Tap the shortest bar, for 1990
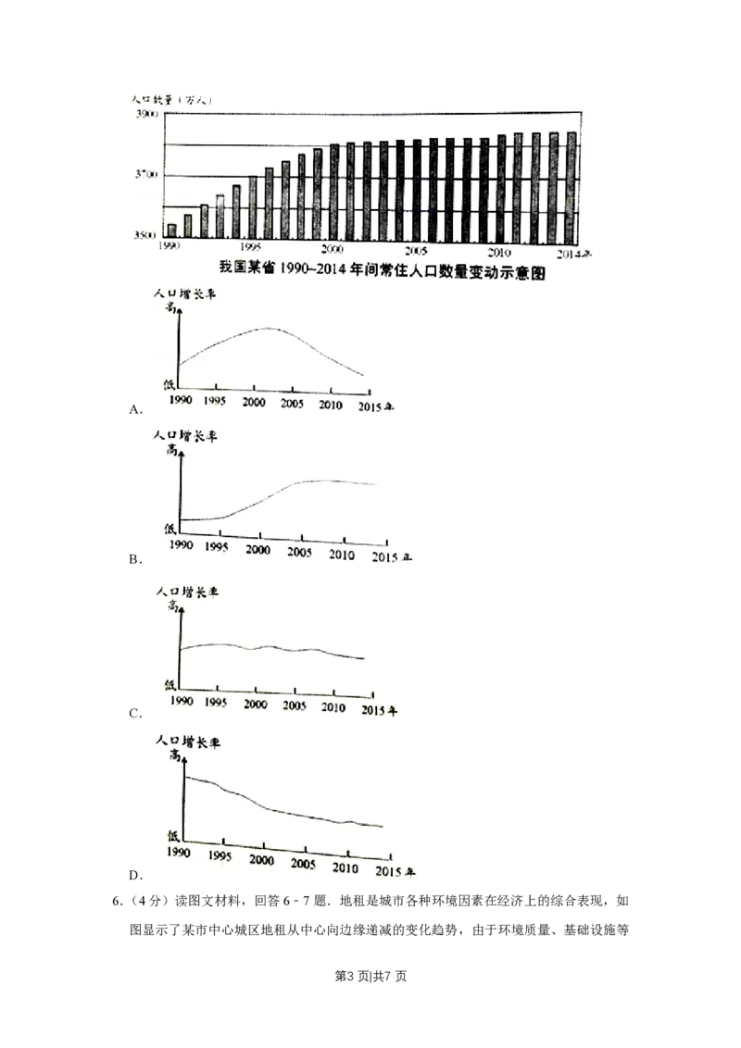click(171, 231)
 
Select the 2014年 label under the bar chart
click(574, 252)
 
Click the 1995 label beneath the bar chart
click(248, 248)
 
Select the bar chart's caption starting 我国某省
click(380, 270)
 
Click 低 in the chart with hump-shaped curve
click(169, 382)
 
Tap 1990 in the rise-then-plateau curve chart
click(180, 546)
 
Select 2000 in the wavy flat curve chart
click(254, 703)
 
